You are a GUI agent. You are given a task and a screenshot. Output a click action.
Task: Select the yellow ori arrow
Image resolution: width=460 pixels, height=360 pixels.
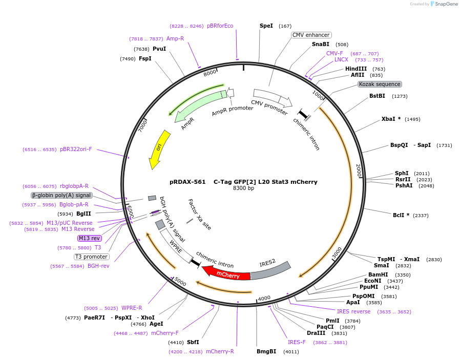pyautogui.click(x=158, y=149)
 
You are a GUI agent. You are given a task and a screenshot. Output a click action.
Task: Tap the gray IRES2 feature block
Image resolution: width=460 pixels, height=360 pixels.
pyautogui.click(x=270, y=270)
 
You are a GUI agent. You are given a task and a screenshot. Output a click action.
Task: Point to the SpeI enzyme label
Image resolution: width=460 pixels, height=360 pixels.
pyautogui.click(x=266, y=26)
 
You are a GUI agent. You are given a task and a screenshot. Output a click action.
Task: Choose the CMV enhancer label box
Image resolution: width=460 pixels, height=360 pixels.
pyautogui.click(x=311, y=35)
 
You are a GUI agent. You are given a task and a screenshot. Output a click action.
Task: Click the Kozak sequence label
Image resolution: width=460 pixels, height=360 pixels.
pyautogui.click(x=380, y=84)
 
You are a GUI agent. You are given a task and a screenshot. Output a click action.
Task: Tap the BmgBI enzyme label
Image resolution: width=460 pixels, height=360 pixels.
pyautogui.click(x=266, y=351)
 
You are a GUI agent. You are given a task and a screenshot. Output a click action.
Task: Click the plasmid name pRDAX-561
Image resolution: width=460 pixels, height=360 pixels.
pyautogui.click(x=187, y=182)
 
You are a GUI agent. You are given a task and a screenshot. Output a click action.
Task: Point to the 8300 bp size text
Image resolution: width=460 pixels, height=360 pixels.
pyautogui.click(x=243, y=188)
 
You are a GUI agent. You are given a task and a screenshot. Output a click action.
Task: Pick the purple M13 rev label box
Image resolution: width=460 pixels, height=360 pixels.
pyautogui.click(x=90, y=238)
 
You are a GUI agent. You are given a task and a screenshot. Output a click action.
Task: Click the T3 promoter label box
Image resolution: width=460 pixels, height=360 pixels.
pyautogui.click(x=92, y=257)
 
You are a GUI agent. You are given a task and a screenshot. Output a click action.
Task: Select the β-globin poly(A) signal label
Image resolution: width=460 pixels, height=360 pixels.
pyautogui.click(x=61, y=195)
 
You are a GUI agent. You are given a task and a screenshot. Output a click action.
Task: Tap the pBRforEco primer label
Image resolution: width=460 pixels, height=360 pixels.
pyautogui.click(x=220, y=26)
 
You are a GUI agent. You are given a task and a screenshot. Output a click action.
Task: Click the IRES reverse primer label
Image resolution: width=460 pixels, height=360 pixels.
pyautogui.click(x=353, y=311)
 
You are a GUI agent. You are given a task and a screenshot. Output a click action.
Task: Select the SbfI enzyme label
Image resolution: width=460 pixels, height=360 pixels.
pyautogui.click(x=193, y=342)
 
